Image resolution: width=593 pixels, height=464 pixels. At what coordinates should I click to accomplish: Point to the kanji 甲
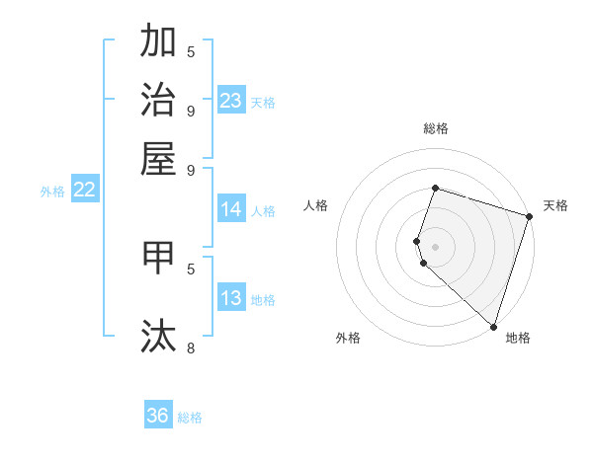coord(158,258)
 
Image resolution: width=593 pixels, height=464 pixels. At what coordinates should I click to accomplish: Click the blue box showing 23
coord(231,101)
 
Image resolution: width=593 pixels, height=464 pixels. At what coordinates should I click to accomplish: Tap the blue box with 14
coord(231,209)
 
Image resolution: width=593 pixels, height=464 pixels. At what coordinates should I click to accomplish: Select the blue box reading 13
coord(231,298)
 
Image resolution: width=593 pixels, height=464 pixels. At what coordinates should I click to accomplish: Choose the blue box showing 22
coord(84,190)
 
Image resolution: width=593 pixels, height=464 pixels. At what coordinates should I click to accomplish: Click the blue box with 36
coord(158,416)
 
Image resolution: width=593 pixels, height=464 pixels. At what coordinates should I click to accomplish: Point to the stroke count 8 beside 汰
coord(190,348)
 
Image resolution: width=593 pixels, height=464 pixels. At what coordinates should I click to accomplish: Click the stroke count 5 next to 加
coord(190,51)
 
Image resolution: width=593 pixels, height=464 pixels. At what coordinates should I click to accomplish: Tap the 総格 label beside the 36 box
coord(190,418)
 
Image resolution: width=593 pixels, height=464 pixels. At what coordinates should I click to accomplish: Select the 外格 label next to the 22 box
coord(52,192)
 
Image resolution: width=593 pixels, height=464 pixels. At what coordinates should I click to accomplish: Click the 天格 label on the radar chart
coord(555,205)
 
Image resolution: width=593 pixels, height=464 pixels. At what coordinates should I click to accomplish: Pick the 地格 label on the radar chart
coord(518,339)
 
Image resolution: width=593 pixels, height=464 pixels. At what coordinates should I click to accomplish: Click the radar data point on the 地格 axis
coord(493,327)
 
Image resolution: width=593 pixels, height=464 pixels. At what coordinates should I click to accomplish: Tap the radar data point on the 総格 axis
coord(435,188)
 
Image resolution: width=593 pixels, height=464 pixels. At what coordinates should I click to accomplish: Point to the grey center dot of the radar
coord(435,247)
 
